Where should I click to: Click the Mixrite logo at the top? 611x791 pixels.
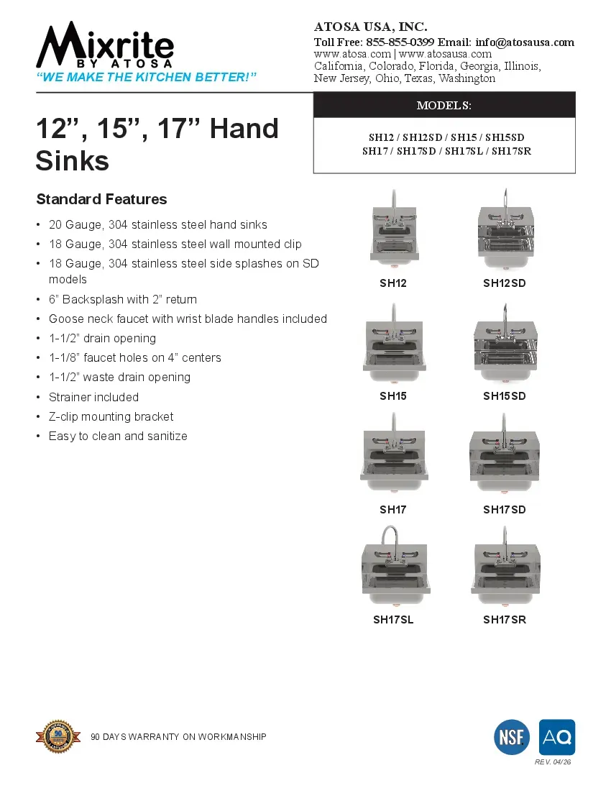coord(105,46)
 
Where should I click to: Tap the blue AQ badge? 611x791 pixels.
coord(557,737)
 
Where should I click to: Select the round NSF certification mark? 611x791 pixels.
coord(512,737)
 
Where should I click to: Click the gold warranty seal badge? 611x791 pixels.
coord(59,736)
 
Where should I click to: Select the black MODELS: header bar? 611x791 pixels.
coord(444,105)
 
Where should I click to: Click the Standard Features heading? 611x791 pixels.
coord(101,199)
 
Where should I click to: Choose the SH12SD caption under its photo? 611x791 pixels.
coord(505,283)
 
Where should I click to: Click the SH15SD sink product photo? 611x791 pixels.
coord(505,344)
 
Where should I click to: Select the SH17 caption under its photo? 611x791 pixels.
coord(393,510)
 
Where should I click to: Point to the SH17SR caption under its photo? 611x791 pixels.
coord(505,619)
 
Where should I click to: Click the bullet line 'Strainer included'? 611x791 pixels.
coord(93,397)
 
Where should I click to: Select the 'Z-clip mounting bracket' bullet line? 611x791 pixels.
coord(111,416)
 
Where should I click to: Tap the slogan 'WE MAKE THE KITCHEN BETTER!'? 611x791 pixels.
coord(147,77)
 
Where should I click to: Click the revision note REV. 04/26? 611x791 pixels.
coord(553,762)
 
